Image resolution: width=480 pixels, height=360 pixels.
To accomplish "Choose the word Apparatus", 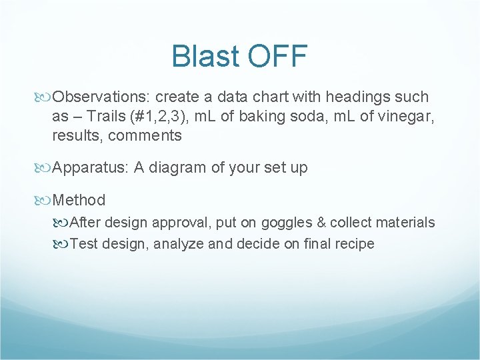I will tap(90, 168).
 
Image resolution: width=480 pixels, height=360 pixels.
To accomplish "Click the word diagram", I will tap(175, 168).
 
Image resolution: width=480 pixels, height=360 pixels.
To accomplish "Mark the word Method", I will tap(79, 200).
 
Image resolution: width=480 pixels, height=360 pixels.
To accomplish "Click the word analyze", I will tap(178, 244).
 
